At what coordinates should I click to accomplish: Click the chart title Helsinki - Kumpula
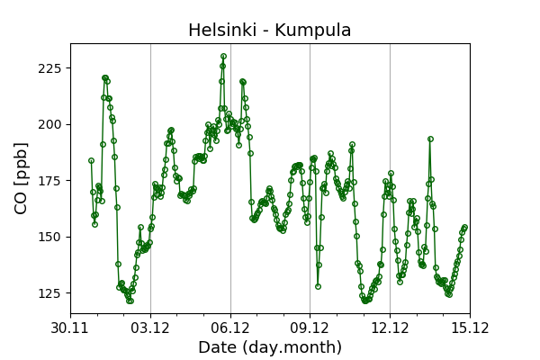click(269, 31)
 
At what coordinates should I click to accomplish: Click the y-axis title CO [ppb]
click(22, 177)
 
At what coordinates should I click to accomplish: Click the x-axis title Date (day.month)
click(270, 347)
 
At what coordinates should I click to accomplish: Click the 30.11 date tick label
click(70, 327)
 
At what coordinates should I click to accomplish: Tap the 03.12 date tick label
click(150, 327)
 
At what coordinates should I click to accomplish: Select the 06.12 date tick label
click(230, 327)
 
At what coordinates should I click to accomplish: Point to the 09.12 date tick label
click(310, 327)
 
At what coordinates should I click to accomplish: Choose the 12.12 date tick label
click(390, 327)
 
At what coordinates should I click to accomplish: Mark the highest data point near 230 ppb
click(223, 56)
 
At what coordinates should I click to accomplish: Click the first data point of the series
click(91, 160)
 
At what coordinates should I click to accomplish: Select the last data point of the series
click(464, 227)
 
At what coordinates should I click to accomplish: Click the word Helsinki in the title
click(220, 31)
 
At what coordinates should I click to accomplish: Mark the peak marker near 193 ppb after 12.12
click(430, 139)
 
